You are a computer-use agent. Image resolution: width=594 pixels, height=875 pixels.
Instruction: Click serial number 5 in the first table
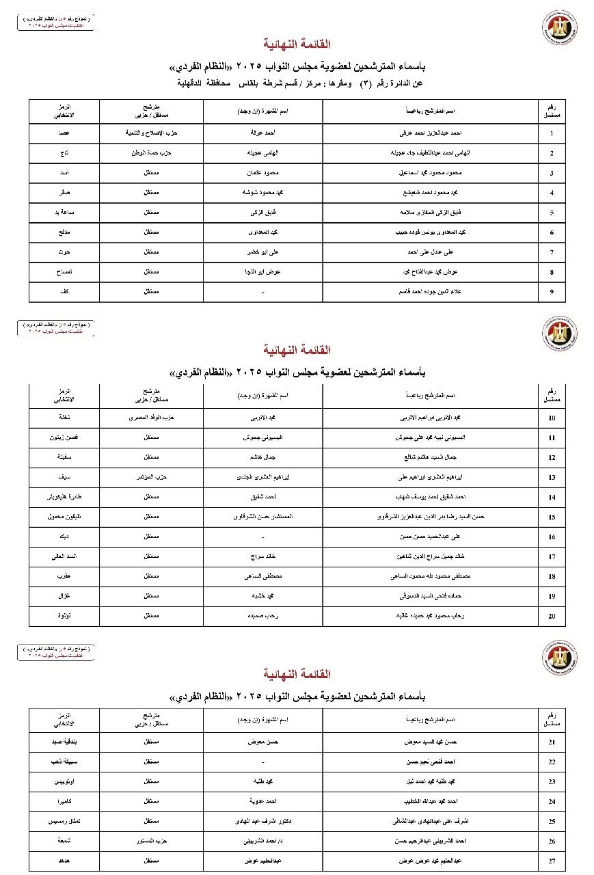coord(552,213)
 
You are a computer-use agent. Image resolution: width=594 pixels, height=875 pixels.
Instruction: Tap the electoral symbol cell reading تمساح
coord(64,272)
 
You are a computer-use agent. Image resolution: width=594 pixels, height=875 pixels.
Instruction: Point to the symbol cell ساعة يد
coord(64,213)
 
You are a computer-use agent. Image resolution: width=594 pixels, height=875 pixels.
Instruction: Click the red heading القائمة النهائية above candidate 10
coord(301,350)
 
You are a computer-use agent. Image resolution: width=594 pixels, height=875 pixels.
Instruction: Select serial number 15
coord(552,517)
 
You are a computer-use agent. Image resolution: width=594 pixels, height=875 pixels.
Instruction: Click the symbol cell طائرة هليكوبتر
coord(64,497)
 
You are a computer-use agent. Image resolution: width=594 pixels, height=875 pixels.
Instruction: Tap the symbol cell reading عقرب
coord(64,576)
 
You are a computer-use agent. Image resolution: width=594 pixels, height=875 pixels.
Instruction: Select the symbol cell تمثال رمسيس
coord(64,820)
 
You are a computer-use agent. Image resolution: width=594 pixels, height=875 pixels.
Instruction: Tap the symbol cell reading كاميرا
coord(64,800)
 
